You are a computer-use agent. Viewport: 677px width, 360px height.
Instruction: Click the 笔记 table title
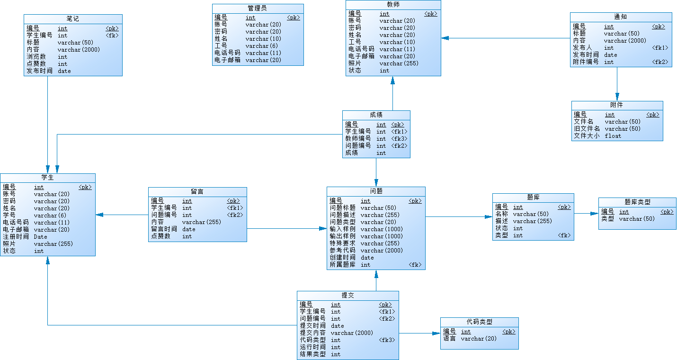click(x=73, y=19)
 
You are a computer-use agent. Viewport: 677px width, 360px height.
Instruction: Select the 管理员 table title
click(x=257, y=9)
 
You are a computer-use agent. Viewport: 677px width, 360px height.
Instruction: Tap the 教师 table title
click(x=393, y=5)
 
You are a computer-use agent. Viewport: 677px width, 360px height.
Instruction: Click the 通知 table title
click(x=621, y=17)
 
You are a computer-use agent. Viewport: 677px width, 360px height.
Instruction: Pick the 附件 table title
click(x=617, y=105)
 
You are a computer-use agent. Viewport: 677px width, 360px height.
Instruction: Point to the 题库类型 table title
click(x=637, y=202)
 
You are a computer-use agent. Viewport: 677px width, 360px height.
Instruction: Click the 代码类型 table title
click(x=479, y=322)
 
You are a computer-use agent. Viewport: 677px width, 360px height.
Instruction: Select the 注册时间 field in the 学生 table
click(x=16, y=237)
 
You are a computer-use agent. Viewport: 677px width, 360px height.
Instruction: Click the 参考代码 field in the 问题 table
click(x=342, y=251)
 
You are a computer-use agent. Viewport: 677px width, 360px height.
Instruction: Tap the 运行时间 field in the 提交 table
click(x=312, y=347)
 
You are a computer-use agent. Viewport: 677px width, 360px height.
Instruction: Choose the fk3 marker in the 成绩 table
click(x=399, y=139)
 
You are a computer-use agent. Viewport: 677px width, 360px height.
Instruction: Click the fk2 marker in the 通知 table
click(x=660, y=62)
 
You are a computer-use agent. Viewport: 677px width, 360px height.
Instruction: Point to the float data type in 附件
click(x=613, y=136)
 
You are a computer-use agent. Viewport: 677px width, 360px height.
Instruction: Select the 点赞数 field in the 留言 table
click(x=160, y=236)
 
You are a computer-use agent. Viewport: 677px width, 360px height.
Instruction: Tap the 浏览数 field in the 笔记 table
click(x=36, y=57)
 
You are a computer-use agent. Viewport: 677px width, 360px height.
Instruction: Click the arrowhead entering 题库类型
click(x=595, y=214)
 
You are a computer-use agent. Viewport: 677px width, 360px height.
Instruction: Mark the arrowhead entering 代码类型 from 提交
click(x=437, y=333)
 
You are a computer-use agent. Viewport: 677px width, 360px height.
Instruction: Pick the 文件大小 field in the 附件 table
click(x=587, y=136)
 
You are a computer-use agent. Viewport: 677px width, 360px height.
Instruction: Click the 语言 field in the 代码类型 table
click(x=449, y=339)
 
